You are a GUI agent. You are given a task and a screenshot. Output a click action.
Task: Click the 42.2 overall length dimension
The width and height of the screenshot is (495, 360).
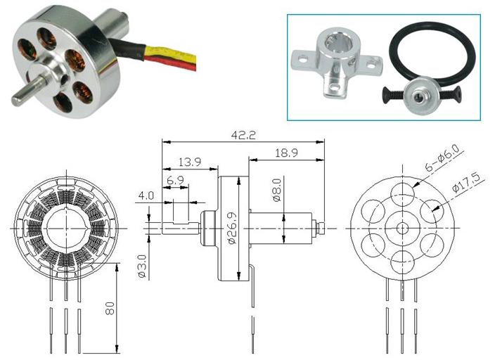(x=243, y=135)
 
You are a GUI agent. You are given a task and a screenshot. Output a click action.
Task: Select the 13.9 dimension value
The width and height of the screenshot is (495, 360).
(x=190, y=162)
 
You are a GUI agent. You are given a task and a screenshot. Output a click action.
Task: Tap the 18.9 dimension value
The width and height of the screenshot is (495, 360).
(x=286, y=153)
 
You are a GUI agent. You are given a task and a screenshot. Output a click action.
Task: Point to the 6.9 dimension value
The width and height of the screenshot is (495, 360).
(x=175, y=181)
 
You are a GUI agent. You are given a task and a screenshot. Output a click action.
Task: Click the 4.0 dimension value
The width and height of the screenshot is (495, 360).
(x=146, y=195)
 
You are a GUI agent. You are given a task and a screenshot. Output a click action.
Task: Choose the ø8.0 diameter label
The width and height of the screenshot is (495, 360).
(x=276, y=190)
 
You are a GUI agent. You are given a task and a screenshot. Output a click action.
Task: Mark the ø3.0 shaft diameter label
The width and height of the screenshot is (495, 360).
(x=143, y=266)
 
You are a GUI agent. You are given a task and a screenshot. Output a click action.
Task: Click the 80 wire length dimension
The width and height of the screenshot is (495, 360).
(x=110, y=308)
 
